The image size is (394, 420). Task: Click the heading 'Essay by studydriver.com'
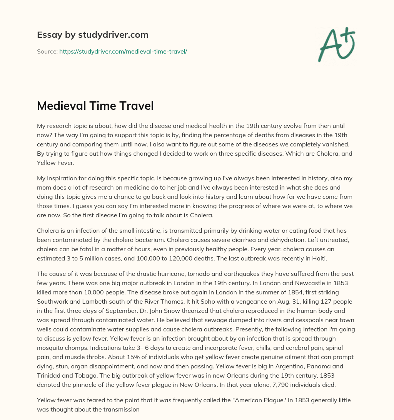tap(93, 35)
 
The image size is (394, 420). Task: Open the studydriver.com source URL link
tap(123, 51)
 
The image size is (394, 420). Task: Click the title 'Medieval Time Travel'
tap(95, 106)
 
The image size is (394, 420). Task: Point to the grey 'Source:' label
tap(47, 51)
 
